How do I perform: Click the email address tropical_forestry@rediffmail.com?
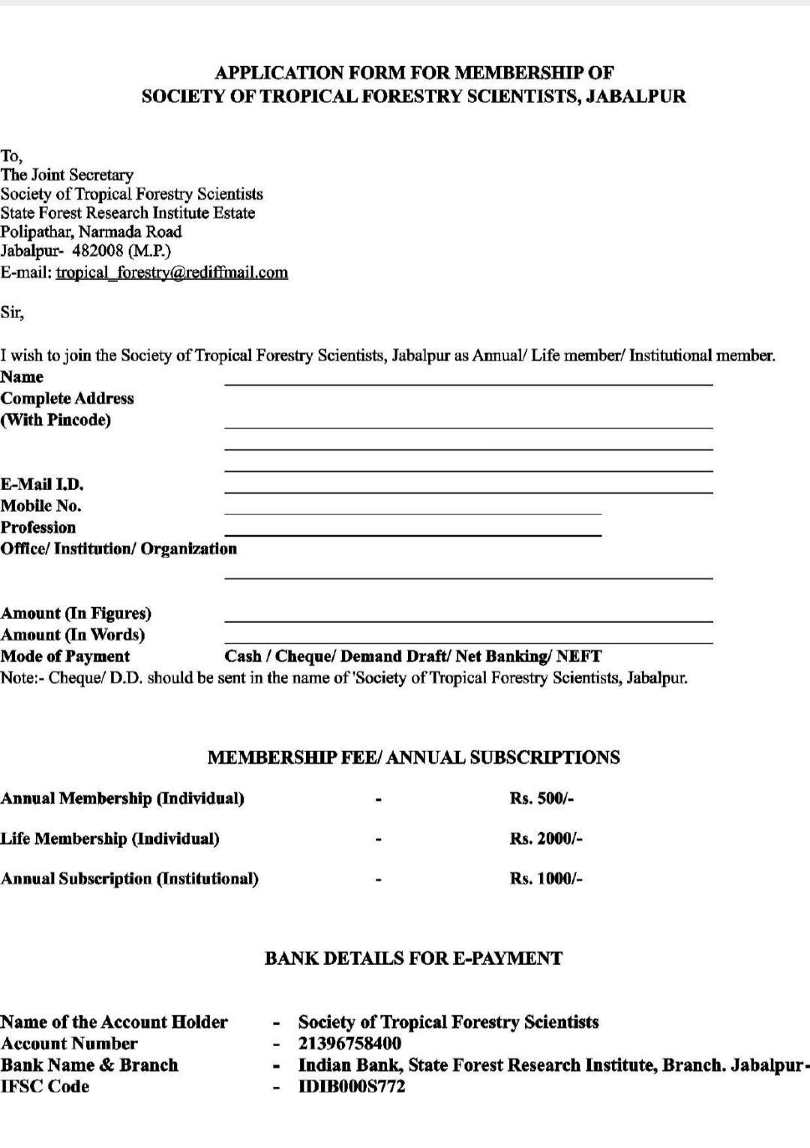[172, 272]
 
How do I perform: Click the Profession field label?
[38, 527]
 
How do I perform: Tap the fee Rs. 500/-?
[541, 798]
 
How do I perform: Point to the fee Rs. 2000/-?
[546, 839]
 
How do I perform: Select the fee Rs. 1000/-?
[546, 879]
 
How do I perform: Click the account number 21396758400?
[349, 1044]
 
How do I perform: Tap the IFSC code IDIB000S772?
[352, 1086]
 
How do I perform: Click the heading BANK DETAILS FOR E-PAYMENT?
[413, 958]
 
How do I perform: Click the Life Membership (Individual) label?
[110, 839]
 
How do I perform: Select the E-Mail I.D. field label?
[42, 485]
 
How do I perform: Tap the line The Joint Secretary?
[67, 175]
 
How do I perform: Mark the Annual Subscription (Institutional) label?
[130, 879]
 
